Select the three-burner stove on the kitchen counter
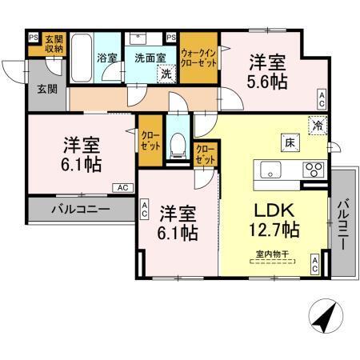(313, 169)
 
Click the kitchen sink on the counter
(269, 169)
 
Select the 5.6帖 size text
(268, 81)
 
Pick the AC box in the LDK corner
(315, 265)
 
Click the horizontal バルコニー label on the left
(81, 210)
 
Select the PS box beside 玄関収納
(33, 37)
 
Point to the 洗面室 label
(150, 58)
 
